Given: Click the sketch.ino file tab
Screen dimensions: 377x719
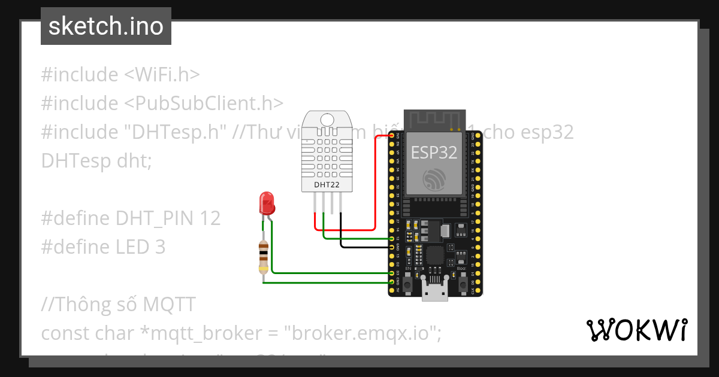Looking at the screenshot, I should coord(106,26).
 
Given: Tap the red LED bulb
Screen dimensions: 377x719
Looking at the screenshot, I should coord(267,204).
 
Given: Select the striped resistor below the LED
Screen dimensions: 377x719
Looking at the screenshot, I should coord(263,256).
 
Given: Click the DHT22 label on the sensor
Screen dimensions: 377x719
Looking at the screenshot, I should coord(327,185).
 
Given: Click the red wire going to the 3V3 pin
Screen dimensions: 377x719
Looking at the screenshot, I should coord(374,180).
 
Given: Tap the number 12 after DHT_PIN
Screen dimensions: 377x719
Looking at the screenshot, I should coord(210,218).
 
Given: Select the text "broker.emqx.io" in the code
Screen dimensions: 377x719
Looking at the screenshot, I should coord(363,333).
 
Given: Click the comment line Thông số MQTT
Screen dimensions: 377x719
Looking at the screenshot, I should coord(118,305).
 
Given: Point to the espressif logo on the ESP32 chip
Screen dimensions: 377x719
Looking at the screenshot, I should coord(435,180).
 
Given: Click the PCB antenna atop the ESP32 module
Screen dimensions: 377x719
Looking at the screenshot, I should coord(435,120).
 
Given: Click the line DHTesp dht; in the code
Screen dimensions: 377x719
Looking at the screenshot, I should coord(96,160).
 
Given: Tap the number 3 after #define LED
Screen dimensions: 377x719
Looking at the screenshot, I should coord(159,247).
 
